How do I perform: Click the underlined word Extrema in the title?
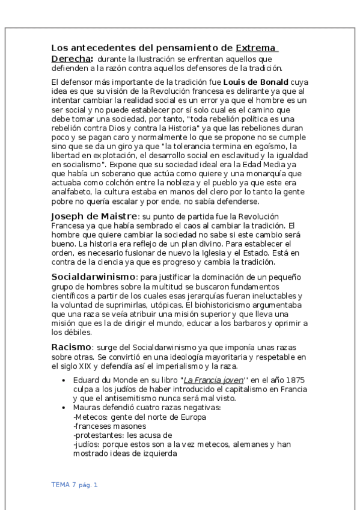pos(255,48)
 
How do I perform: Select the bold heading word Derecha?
pos(72,59)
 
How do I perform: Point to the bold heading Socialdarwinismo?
pos(94,277)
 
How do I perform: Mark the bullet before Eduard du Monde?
pos(64,380)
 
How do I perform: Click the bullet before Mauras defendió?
pos(64,408)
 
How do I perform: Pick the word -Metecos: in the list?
pos(91,417)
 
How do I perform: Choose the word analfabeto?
pos(70,193)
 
